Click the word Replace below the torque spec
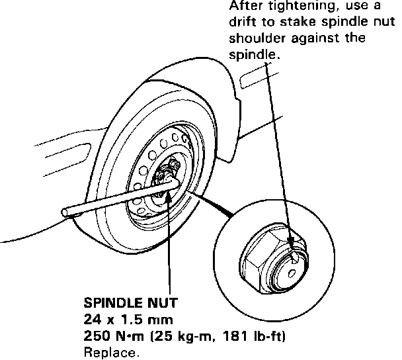click(x=112, y=352)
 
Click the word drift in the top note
click(x=243, y=22)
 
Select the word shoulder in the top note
click(x=254, y=38)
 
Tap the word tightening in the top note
click(x=291, y=7)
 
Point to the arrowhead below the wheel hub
click(x=169, y=199)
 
